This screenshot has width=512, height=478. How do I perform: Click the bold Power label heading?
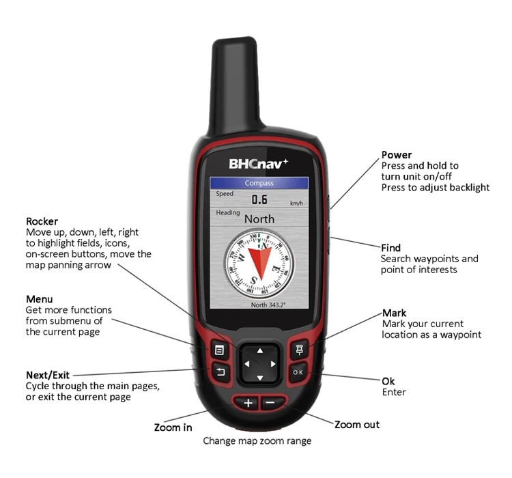(x=397, y=155)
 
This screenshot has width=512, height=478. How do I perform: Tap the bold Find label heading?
(x=390, y=248)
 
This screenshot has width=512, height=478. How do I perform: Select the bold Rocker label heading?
(x=42, y=221)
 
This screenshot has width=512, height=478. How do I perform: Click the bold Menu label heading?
(x=39, y=299)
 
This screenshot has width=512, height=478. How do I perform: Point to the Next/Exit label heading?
(x=47, y=375)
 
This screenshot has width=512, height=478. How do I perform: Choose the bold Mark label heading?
(x=395, y=313)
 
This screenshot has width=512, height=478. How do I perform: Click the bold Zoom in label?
(x=173, y=427)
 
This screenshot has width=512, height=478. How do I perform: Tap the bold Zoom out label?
(x=356, y=425)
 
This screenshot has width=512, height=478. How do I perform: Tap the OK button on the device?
(x=298, y=372)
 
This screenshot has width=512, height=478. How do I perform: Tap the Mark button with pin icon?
(x=298, y=350)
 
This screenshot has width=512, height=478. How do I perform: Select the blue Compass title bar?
(x=259, y=183)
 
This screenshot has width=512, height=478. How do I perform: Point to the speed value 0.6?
(x=259, y=199)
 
